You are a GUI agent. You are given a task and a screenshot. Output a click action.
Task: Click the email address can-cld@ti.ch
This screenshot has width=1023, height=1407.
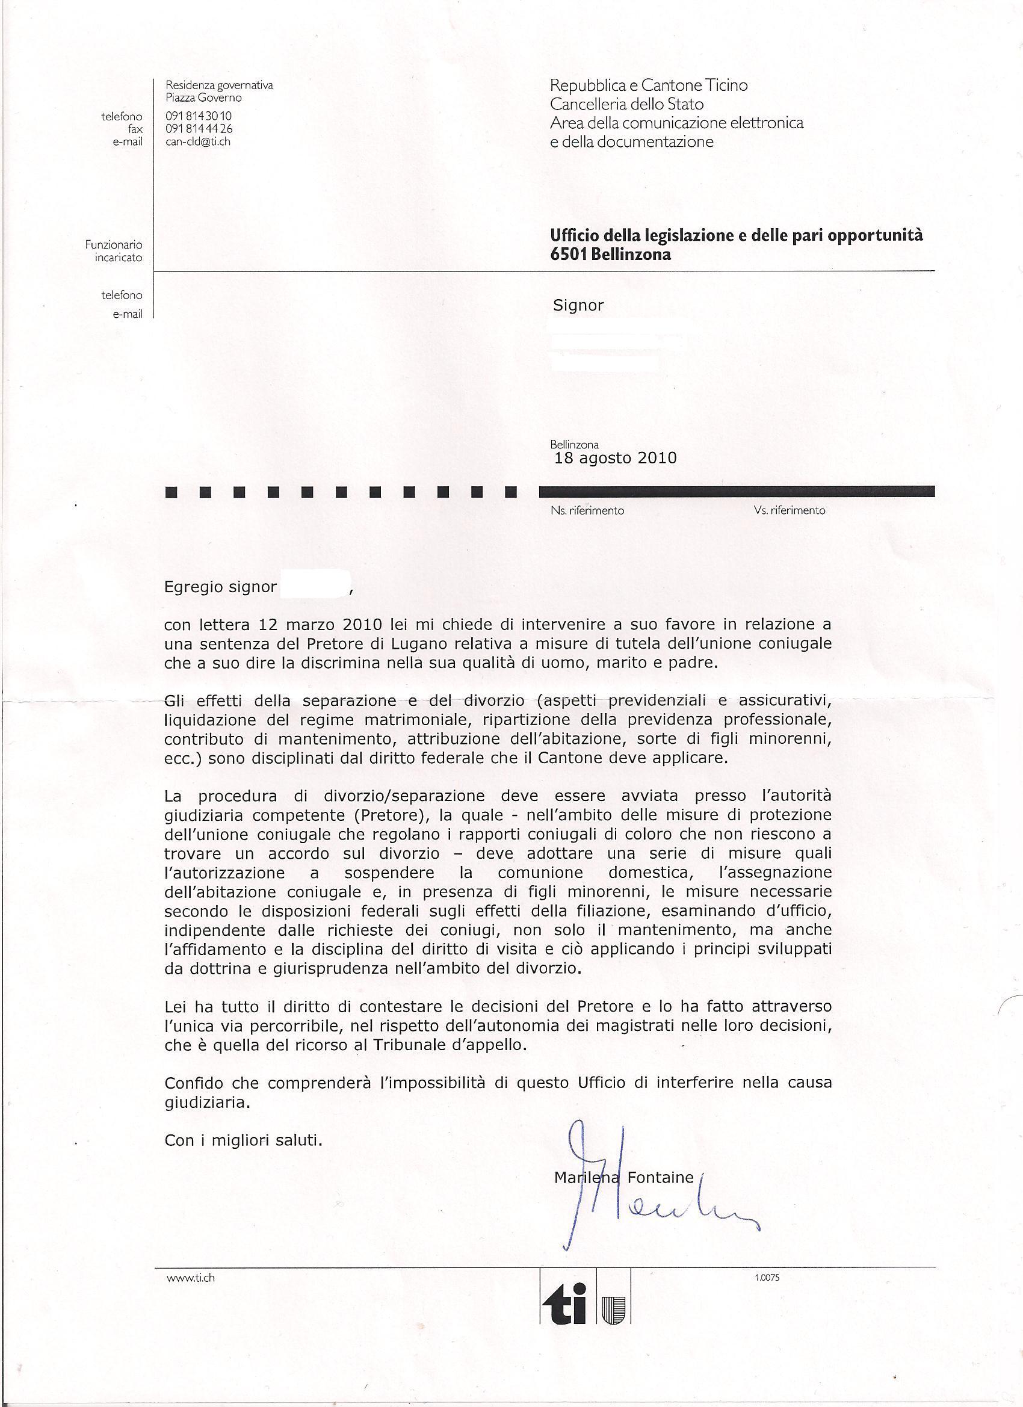[197, 141]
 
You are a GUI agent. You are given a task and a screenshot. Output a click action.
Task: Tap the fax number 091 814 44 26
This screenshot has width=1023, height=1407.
[199, 129]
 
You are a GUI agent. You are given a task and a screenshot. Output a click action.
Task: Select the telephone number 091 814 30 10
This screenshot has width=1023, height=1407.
[199, 116]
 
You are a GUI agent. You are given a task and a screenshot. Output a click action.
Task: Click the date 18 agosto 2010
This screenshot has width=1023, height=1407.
[615, 458]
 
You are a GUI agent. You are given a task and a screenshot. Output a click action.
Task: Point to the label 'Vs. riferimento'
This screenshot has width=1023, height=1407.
[790, 510]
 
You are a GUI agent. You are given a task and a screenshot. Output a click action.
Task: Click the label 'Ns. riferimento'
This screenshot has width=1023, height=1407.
[587, 510]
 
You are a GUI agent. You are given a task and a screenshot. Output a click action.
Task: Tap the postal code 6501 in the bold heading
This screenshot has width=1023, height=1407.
[565, 255]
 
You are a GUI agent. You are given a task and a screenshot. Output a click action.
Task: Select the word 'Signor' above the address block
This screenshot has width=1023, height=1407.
[578, 305]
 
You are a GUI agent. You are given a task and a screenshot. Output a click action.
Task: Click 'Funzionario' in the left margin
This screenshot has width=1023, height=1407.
[114, 245]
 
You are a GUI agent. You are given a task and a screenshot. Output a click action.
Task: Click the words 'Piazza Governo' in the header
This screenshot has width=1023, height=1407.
[203, 97]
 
